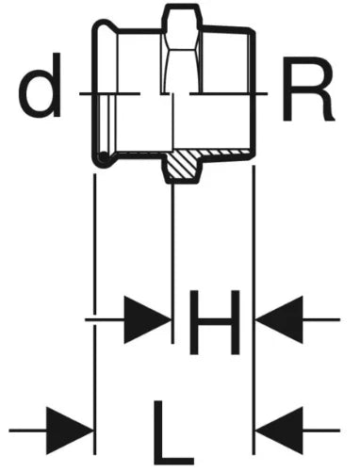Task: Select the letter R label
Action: [x=308, y=89]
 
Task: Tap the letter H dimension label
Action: [x=215, y=322]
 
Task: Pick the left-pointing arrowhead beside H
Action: [x=279, y=319]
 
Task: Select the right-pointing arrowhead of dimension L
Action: [x=70, y=430]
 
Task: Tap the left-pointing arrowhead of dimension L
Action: [x=279, y=430]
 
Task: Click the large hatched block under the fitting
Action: [x=183, y=166]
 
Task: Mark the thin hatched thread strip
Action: [x=226, y=153]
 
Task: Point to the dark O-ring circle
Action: [x=103, y=158]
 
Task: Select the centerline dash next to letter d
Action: [x=109, y=93]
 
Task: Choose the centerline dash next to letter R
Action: [x=228, y=93]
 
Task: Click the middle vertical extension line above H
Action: [x=172, y=263]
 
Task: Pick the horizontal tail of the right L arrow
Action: [x=321, y=430]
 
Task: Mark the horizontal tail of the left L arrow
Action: [x=28, y=430]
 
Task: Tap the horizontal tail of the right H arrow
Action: [x=321, y=319]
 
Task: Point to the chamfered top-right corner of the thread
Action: [x=252, y=30]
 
